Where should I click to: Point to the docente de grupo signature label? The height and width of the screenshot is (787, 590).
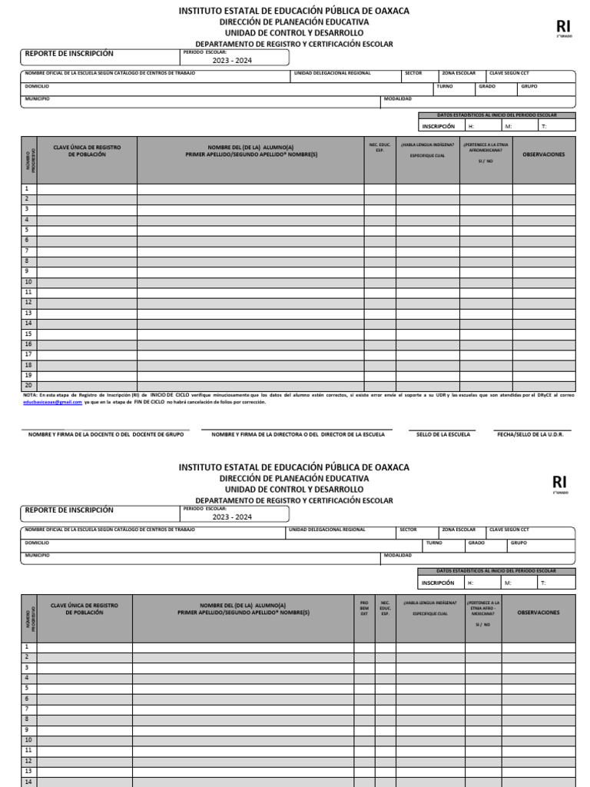[x=106, y=434]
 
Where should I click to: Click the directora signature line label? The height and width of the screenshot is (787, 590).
[x=298, y=434]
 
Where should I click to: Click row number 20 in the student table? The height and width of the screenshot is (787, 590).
[x=28, y=385]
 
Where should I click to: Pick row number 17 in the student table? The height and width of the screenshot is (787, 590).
[x=28, y=354]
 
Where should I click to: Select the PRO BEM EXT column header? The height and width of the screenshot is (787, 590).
[x=364, y=609]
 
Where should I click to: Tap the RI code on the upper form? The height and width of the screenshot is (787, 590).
[x=563, y=27]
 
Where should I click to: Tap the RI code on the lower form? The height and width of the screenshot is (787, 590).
[x=559, y=482]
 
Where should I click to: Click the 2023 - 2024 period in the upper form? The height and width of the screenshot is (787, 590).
[x=231, y=61]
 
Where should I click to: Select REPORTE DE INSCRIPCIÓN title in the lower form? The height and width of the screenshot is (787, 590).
[x=69, y=510]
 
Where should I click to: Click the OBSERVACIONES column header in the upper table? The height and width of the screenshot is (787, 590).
[x=543, y=154]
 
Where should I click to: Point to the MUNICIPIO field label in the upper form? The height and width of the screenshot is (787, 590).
[x=37, y=98]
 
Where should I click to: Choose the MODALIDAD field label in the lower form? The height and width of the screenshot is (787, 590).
[x=398, y=555]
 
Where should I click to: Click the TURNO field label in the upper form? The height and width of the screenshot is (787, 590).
[x=445, y=86]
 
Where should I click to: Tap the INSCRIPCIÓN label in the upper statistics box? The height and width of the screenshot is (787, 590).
[x=438, y=126]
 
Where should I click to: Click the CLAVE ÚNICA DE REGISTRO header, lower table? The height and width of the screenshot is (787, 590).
[x=85, y=609]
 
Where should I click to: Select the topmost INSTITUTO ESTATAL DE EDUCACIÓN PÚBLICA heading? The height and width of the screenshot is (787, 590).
[x=294, y=11]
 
